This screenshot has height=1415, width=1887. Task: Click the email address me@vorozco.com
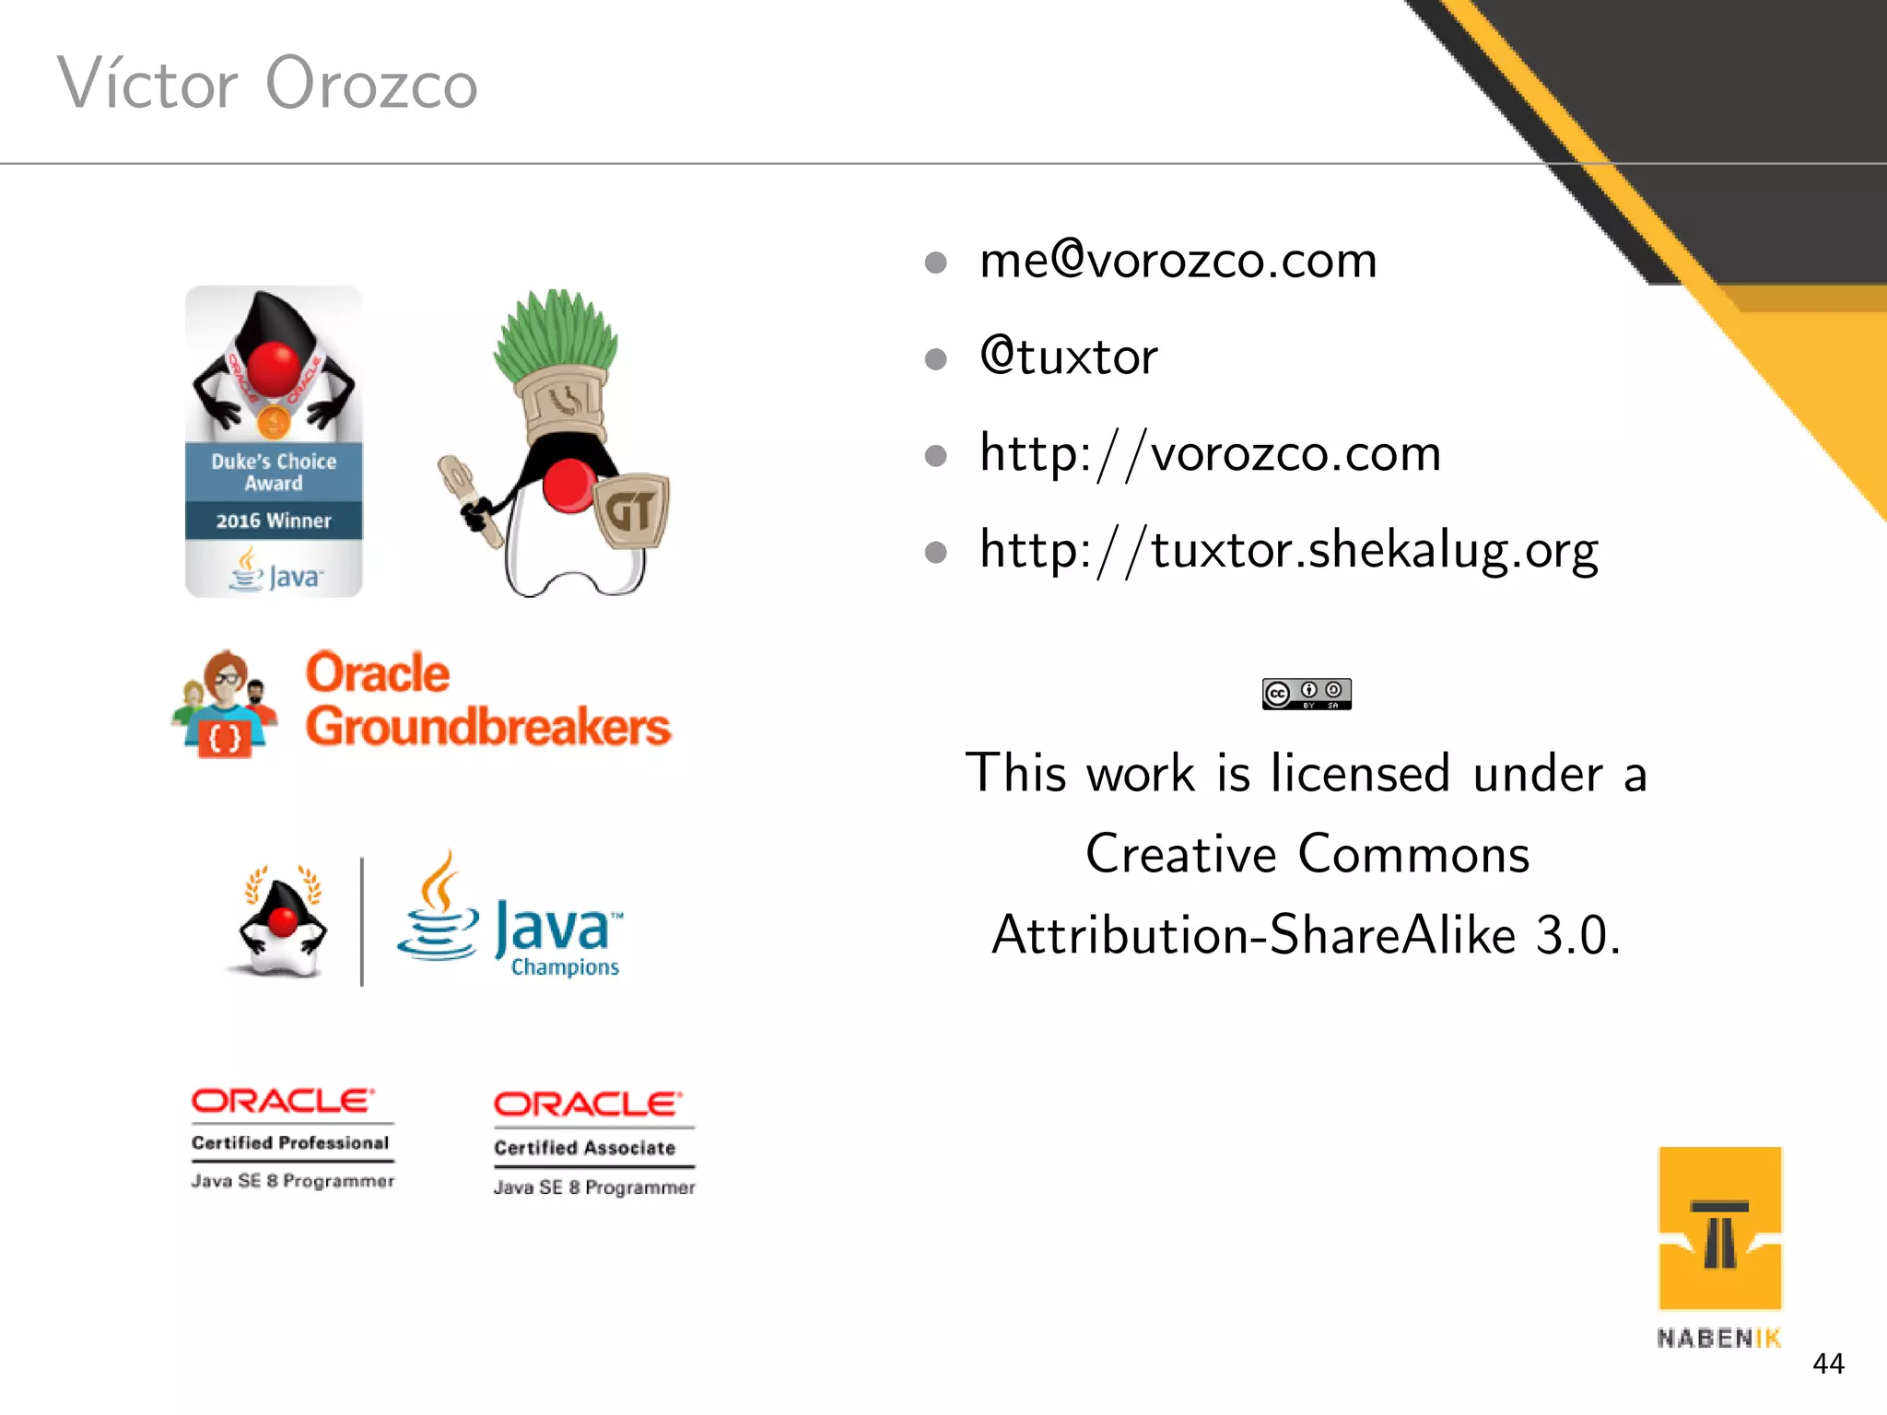(x=1178, y=262)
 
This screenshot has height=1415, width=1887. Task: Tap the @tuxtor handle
(x=1069, y=357)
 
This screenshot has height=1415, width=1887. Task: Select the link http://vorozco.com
(x=1210, y=454)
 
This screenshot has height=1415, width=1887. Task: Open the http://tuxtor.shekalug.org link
(x=1288, y=551)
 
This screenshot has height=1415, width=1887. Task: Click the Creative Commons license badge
(x=1307, y=694)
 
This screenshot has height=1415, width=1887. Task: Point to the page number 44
(x=1828, y=1363)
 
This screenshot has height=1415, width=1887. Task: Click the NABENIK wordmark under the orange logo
(x=1718, y=1339)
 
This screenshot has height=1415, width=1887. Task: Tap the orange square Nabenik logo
(x=1719, y=1227)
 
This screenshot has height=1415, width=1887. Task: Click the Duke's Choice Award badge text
(x=274, y=472)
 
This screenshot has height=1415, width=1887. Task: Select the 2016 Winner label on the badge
(x=274, y=520)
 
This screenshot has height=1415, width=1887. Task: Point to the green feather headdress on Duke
(x=556, y=333)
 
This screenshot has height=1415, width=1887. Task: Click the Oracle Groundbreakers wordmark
(x=486, y=700)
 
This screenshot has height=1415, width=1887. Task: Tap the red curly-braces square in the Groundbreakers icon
(x=225, y=738)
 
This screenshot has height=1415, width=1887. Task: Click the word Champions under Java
(x=565, y=967)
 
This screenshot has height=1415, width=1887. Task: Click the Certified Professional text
(x=290, y=1143)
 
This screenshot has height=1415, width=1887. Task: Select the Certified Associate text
(x=584, y=1148)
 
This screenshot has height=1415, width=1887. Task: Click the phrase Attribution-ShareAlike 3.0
(x=1306, y=935)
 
